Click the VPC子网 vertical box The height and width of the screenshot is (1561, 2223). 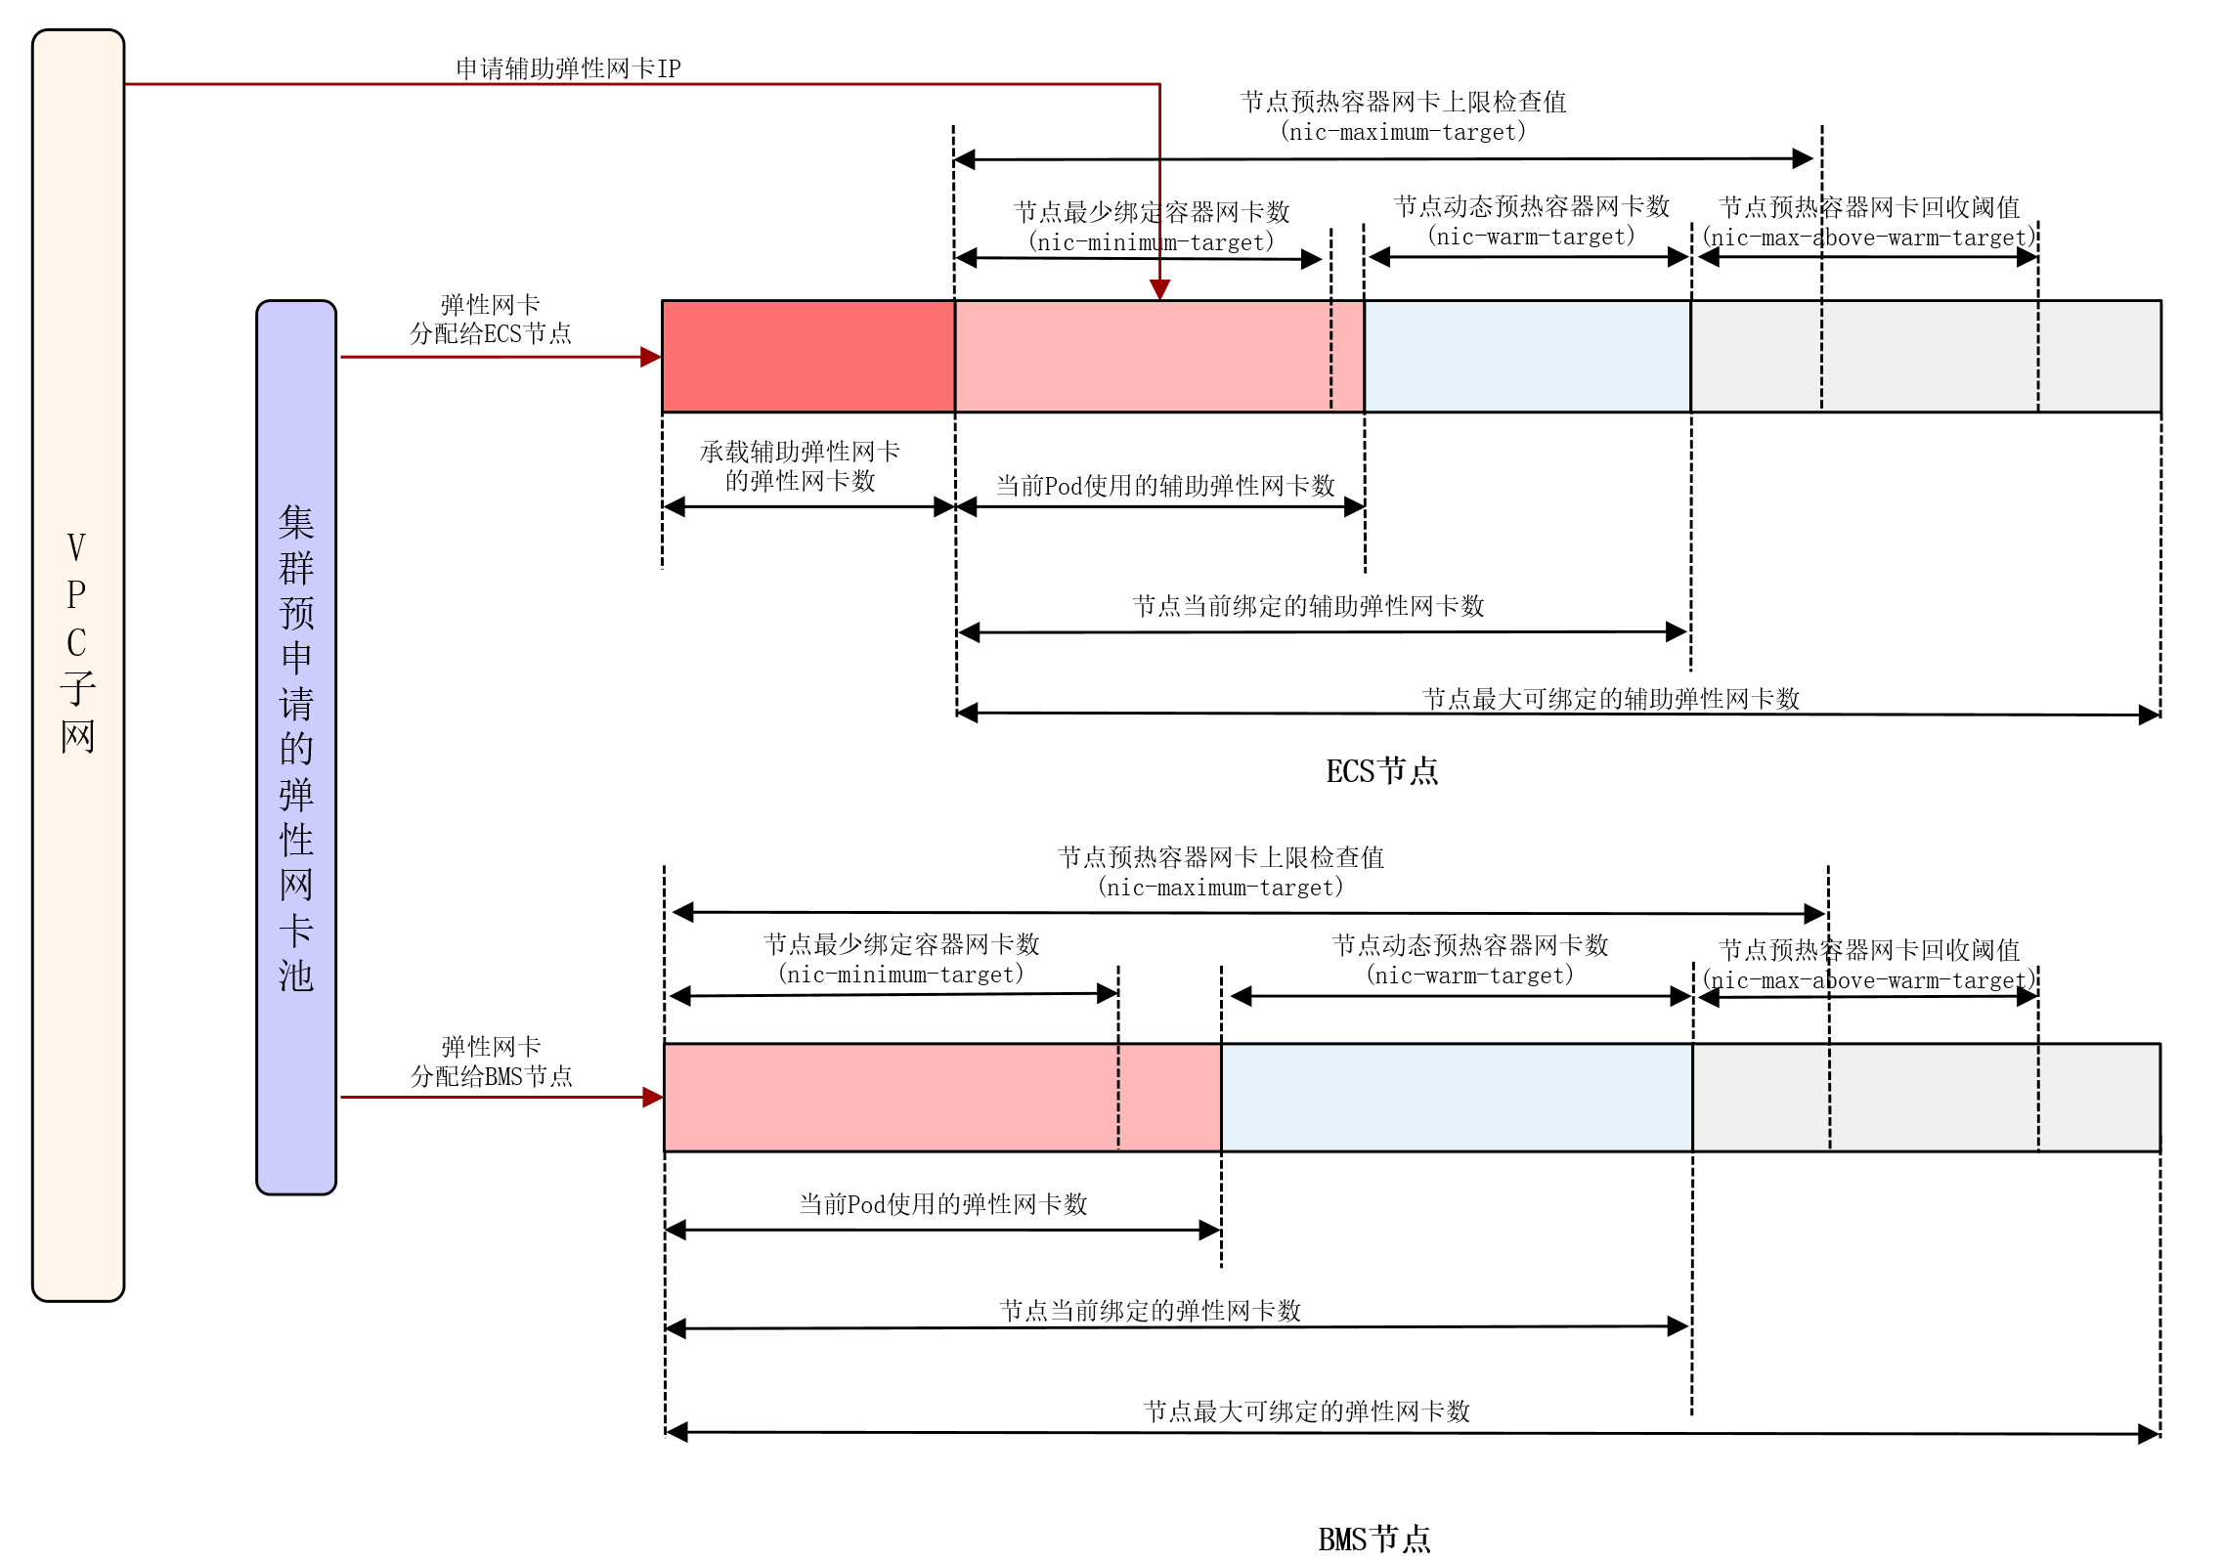tap(78, 665)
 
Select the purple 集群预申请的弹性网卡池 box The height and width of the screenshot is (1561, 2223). tap(296, 747)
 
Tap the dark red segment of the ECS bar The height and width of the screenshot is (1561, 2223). tap(808, 357)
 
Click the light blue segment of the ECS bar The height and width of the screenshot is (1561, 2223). tap(1527, 357)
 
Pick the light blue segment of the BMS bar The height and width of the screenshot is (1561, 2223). tap(1457, 1098)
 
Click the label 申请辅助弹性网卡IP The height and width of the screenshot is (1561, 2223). tap(568, 68)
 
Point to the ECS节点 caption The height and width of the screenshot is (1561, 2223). tap(1381, 771)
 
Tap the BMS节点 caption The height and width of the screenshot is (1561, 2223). tap(1373, 1539)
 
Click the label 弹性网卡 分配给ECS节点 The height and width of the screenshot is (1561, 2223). tap(491, 320)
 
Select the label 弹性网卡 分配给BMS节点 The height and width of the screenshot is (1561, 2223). tap(491, 1062)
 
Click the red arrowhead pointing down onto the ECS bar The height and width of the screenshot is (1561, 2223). tap(1159, 289)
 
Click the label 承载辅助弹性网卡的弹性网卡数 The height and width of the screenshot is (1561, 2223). tap(800, 466)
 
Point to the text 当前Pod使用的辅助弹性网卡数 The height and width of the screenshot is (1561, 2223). tap(1165, 486)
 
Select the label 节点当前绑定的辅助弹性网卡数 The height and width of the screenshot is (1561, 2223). tap(1308, 606)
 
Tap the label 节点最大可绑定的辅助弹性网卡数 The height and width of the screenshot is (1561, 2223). tap(1611, 699)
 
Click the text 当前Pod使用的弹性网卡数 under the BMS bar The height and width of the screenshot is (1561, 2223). tap(943, 1204)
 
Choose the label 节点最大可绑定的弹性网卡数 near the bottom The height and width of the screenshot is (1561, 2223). tap(1307, 1411)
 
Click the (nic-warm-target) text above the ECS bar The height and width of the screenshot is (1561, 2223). tap(1531, 237)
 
